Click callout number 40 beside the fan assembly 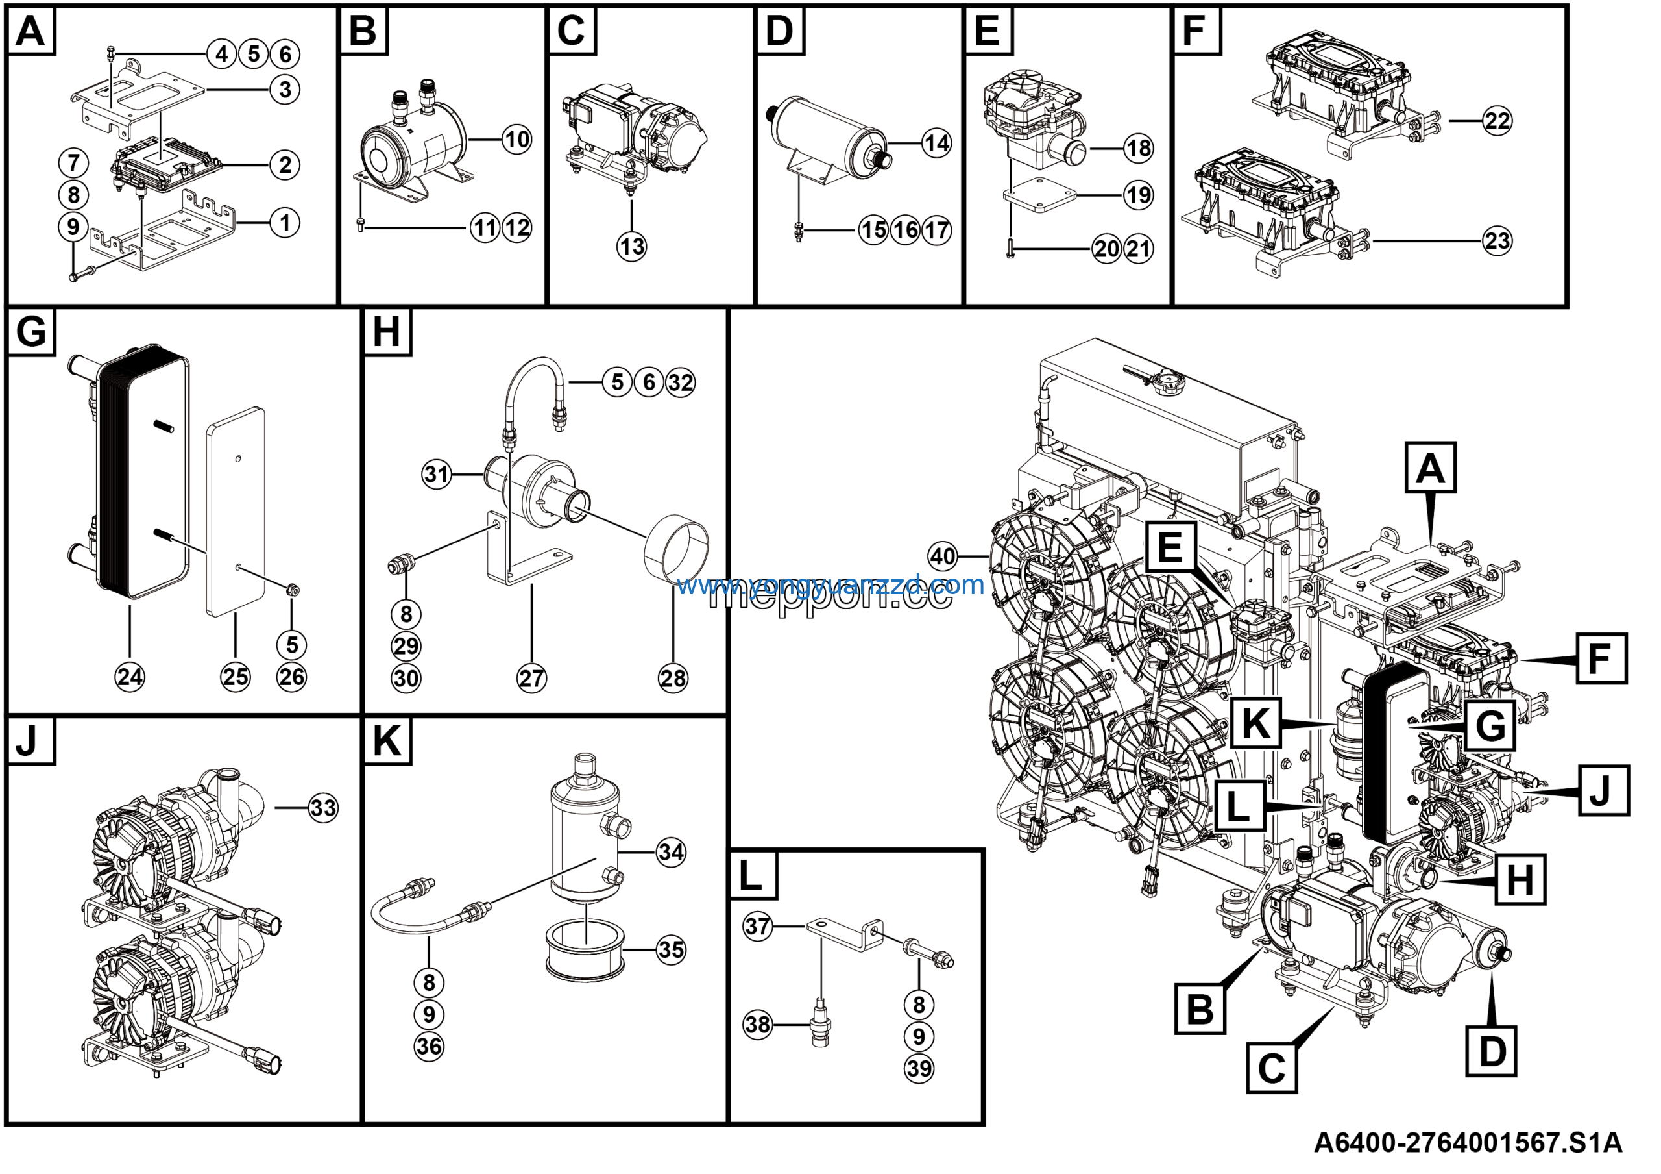(942, 556)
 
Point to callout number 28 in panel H (673, 678)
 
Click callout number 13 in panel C (631, 247)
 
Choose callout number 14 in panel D (937, 144)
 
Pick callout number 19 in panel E (1138, 195)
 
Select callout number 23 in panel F (1497, 240)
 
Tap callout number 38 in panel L (757, 1024)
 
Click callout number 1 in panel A (285, 222)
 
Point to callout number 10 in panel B (516, 139)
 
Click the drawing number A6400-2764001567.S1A (1468, 1143)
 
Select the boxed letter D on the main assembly (1491, 1051)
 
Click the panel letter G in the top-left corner (31, 332)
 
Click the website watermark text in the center (830, 585)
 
